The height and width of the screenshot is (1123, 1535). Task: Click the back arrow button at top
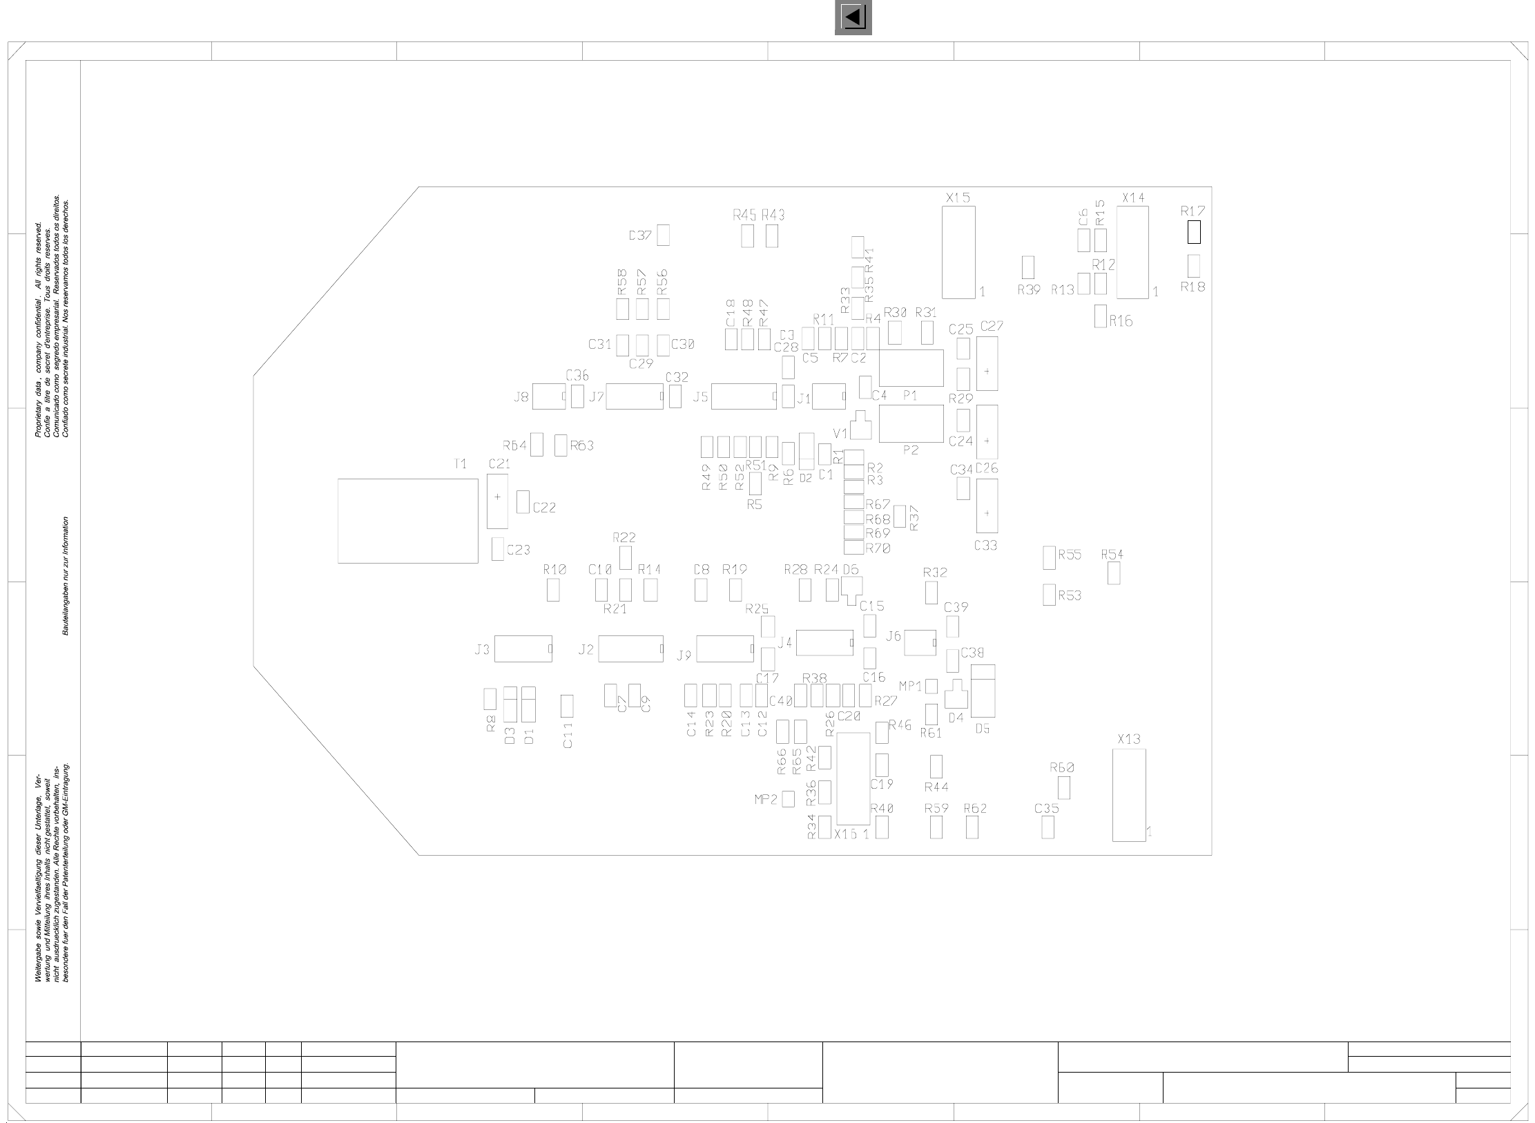point(853,17)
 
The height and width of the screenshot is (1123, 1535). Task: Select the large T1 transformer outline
point(407,521)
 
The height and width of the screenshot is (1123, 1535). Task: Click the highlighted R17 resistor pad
point(1194,233)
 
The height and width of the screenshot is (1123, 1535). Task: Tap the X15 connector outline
point(958,252)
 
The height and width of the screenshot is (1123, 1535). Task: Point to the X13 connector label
point(1129,739)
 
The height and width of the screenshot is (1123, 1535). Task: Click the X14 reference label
point(1134,198)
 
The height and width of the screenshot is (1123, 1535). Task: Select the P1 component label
point(910,396)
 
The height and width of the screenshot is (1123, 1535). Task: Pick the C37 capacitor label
point(640,236)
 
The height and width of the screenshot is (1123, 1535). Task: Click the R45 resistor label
point(744,215)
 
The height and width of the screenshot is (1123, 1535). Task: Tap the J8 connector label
point(521,397)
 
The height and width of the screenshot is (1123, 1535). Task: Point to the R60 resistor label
point(1062,767)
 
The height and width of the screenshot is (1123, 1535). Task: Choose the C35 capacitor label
point(1047,808)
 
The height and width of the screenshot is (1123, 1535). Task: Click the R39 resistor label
point(1029,290)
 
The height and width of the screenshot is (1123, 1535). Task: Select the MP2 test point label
point(766,800)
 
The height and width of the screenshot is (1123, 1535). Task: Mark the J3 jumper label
point(482,650)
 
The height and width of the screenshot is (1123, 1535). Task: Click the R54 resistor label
point(1112,554)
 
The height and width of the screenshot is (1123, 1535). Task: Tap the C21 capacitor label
point(499,464)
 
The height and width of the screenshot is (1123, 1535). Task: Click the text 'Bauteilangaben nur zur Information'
point(66,576)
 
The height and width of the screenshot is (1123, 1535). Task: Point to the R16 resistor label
point(1121,321)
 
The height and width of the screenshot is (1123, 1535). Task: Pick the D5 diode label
point(983,728)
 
